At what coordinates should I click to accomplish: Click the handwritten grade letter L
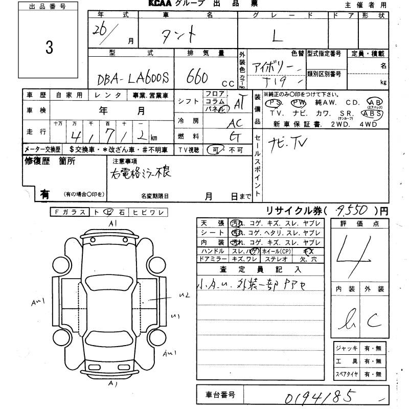click(x=277, y=36)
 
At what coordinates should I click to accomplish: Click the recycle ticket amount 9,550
click(x=352, y=209)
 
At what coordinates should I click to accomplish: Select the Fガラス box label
click(x=70, y=212)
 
